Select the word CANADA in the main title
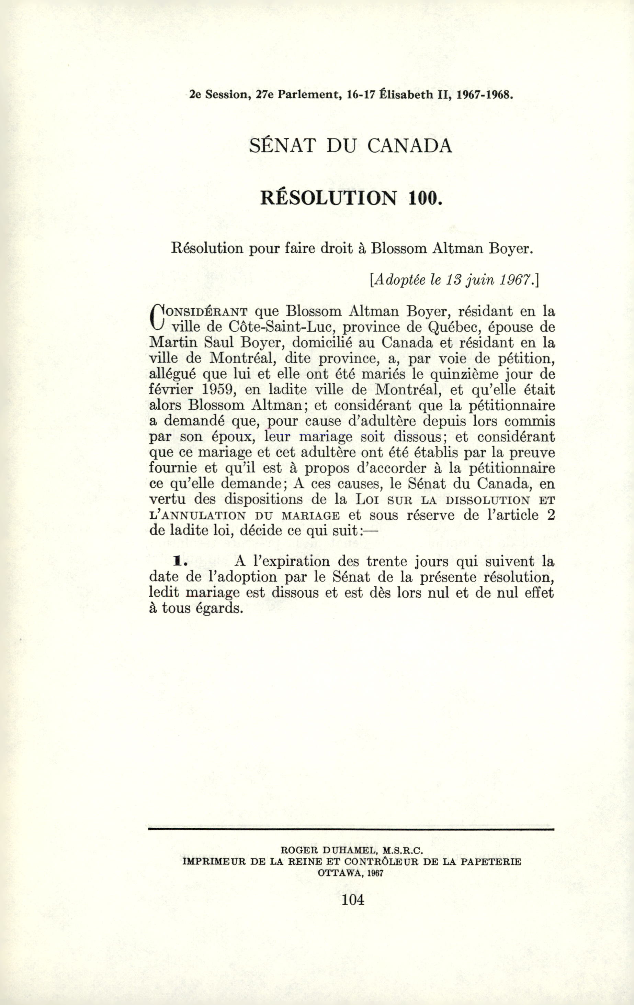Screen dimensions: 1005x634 tap(410, 146)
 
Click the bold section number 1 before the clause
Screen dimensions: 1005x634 tap(178, 562)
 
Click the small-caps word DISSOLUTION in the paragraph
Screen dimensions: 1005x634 tap(486, 500)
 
